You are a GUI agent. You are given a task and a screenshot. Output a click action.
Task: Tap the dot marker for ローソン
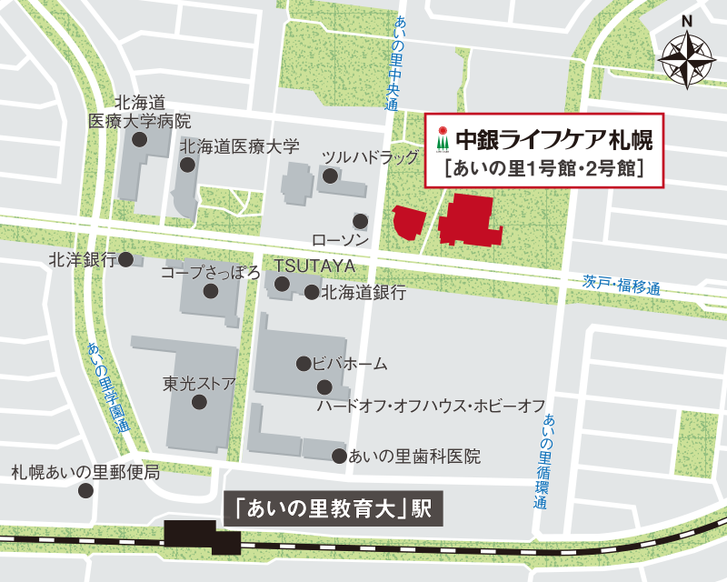(361, 220)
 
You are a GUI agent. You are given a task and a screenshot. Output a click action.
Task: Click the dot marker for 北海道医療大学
(187, 165)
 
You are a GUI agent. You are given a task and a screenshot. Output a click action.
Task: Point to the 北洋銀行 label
(83, 260)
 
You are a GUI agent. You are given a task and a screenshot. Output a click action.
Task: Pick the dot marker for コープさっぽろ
(211, 292)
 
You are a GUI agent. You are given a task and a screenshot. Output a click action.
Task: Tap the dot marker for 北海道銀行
(311, 293)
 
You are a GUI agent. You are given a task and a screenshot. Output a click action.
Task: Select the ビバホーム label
(350, 364)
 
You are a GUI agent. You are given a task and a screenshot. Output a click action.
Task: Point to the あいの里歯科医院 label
(414, 457)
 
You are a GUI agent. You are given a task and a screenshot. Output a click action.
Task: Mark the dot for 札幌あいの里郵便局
(86, 490)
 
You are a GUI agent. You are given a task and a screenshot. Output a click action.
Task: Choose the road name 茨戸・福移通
(622, 285)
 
